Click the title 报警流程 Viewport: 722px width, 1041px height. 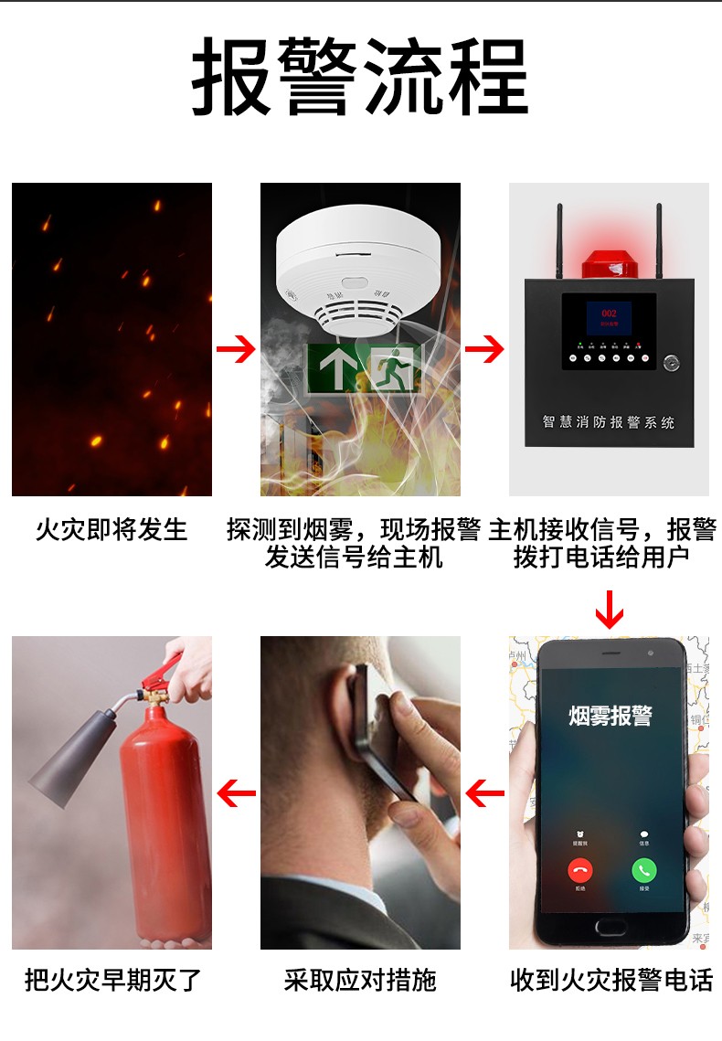tap(360, 77)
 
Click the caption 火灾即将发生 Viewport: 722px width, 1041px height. tap(111, 529)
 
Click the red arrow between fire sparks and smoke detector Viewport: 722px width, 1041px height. tap(235, 348)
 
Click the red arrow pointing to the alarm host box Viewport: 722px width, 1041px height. tap(484, 348)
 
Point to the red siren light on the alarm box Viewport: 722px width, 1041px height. tap(609, 261)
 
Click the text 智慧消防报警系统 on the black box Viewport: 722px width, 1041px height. tap(608, 422)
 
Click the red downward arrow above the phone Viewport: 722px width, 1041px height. tap(609, 609)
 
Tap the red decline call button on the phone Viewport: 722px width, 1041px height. tap(580, 870)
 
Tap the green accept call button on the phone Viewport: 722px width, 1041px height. tap(644, 870)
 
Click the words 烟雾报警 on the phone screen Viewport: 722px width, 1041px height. tap(611, 715)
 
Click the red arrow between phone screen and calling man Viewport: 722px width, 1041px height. tap(484, 792)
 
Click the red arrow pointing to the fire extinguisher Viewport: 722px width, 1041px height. tap(236, 792)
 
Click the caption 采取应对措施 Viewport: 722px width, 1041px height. tap(360, 981)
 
